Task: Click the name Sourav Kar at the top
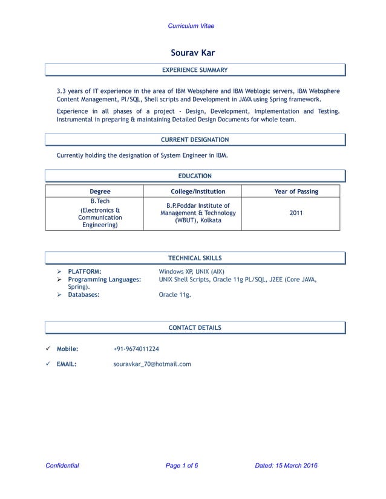[x=192, y=53]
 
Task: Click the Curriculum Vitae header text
[x=191, y=26]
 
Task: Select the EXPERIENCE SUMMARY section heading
[x=194, y=71]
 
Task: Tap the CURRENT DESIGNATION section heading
[x=194, y=140]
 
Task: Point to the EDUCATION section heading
[x=194, y=176]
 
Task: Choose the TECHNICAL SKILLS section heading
[x=194, y=258]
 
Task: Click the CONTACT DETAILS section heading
[x=194, y=328]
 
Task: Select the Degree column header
[x=100, y=192]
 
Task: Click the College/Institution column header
[x=198, y=192]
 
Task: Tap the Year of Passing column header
[x=296, y=192]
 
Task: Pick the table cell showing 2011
[x=296, y=213]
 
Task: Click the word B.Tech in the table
[x=100, y=201]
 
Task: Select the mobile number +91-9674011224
[x=136, y=349]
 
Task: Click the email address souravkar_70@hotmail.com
[x=152, y=364]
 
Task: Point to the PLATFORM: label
[x=84, y=272]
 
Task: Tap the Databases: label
[x=83, y=295]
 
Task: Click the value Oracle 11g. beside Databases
[x=174, y=295]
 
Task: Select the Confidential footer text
[x=62, y=465]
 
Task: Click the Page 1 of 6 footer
[x=182, y=465]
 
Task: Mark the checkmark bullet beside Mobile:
[x=48, y=349]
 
